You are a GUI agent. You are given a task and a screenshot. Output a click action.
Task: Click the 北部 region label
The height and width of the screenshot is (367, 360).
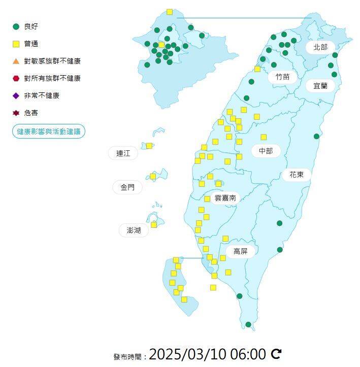(x=320, y=47)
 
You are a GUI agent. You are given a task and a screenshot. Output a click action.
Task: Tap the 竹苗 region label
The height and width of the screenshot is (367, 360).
(x=282, y=77)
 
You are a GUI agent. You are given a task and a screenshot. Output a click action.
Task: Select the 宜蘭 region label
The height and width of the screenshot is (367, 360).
(x=320, y=86)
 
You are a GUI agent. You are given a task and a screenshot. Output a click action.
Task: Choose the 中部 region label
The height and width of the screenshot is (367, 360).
(x=266, y=151)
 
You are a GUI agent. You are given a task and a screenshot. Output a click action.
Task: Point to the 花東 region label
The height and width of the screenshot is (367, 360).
(x=297, y=175)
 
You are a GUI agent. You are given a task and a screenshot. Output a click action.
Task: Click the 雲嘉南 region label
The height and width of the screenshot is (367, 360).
(x=225, y=198)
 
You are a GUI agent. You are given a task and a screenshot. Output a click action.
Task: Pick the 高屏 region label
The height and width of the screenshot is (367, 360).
(x=240, y=251)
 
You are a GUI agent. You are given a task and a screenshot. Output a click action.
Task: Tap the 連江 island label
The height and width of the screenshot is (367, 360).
(x=123, y=153)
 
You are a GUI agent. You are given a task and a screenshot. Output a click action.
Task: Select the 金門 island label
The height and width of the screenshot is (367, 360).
(x=128, y=187)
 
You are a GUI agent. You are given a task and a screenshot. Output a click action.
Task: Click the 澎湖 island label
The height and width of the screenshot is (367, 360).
(x=134, y=230)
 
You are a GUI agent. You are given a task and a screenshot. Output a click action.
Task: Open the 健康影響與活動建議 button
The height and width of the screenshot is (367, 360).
(x=49, y=131)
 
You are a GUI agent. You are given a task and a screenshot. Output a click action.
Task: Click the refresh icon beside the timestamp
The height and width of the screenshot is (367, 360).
(x=276, y=354)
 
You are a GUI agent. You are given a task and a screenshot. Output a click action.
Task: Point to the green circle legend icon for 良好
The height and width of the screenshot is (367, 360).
(x=16, y=26)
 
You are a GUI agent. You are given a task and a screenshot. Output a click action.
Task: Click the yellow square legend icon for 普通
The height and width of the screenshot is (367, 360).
(x=16, y=44)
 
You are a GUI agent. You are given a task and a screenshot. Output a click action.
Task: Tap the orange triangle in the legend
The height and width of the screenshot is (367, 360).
(x=16, y=61)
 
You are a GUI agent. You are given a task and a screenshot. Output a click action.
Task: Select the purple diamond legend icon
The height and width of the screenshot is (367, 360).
(x=16, y=95)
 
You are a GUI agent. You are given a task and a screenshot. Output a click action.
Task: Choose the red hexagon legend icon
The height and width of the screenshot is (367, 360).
(x=16, y=78)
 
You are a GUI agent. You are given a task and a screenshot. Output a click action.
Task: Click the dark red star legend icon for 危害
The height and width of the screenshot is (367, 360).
(x=16, y=113)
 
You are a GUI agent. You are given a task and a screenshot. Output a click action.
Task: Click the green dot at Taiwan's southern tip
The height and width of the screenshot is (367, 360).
(x=248, y=324)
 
